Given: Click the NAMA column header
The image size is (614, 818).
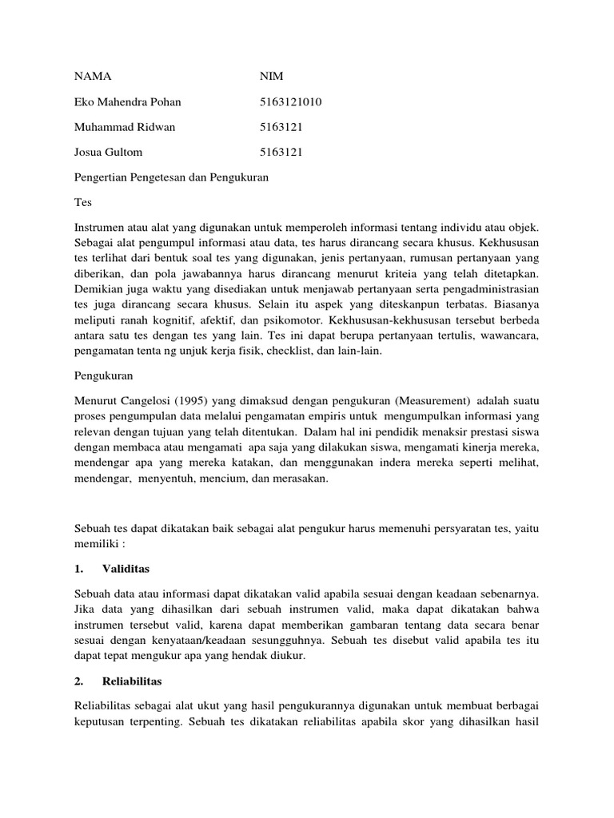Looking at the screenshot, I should [x=92, y=77].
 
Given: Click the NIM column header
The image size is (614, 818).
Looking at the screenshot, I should [x=272, y=77].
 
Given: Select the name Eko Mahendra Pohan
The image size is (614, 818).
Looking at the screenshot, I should [x=127, y=101].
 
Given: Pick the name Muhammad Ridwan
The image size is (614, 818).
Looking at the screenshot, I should [x=124, y=127].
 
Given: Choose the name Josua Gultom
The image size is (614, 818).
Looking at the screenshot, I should [x=108, y=152].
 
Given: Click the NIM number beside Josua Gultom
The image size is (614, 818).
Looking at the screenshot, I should [x=281, y=152].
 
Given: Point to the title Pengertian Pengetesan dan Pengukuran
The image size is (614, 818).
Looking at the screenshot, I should [x=171, y=177].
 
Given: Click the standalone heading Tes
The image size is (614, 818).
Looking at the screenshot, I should [x=83, y=202].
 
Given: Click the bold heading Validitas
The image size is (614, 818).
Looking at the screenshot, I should [x=126, y=569].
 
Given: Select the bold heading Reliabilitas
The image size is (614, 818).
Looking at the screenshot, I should [x=133, y=681].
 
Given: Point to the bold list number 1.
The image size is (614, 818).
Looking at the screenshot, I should [x=78, y=569].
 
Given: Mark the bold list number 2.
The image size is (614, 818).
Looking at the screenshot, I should [x=78, y=681].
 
